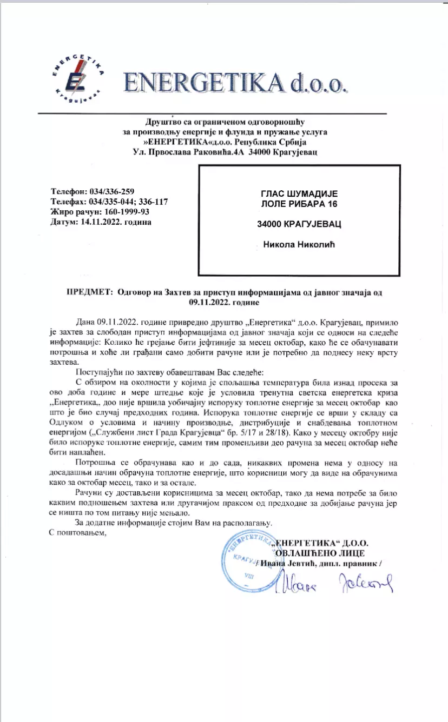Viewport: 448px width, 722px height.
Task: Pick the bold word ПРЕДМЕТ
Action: click(x=87, y=292)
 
